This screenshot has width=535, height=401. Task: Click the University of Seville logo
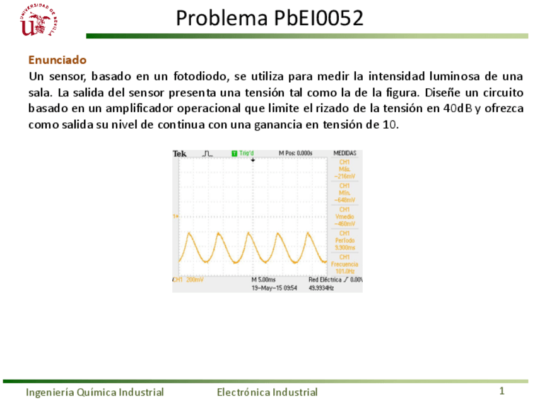click(39, 21)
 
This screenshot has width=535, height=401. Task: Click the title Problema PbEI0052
click(269, 18)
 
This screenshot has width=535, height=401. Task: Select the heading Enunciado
click(57, 60)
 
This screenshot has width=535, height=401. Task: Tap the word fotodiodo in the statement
click(198, 77)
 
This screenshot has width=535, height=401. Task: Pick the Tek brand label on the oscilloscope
click(180, 154)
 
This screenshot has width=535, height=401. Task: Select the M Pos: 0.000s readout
click(296, 153)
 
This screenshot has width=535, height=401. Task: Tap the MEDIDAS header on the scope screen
click(344, 153)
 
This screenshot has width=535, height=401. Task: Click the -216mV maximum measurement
click(344, 177)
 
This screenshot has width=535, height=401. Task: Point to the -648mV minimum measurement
click(344, 200)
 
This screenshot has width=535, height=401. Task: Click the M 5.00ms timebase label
click(264, 279)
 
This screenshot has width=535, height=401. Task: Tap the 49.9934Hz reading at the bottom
click(321, 288)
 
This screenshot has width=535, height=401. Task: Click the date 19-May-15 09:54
click(274, 288)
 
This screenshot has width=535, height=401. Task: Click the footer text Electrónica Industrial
click(267, 392)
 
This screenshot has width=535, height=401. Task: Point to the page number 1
click(502, 392)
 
